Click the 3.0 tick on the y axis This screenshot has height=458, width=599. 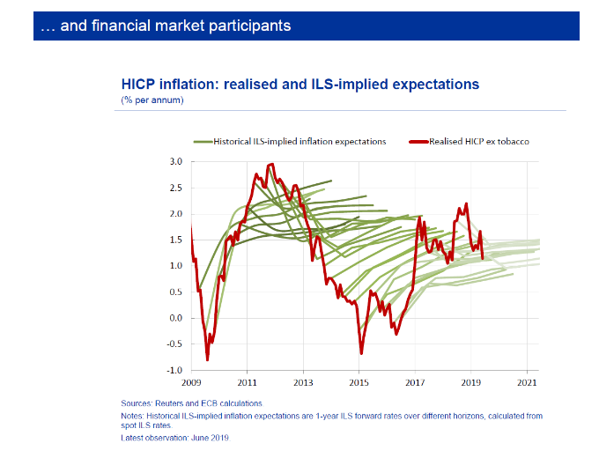[x=175, y=162]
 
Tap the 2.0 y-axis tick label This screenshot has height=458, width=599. [x=175, y=214]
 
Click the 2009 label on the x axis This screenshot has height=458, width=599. [x=191, y=383]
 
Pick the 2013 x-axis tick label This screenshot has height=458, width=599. [x=303, y=383]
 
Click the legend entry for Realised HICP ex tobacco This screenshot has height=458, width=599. [x=478, y=141]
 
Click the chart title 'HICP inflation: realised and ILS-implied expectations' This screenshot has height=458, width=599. [x=299, y=85]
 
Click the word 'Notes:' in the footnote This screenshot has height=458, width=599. [x=134, y=415]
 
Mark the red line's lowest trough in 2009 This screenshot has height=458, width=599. [x=207, y=359]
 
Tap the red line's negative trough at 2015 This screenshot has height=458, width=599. [x=361, y=353]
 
